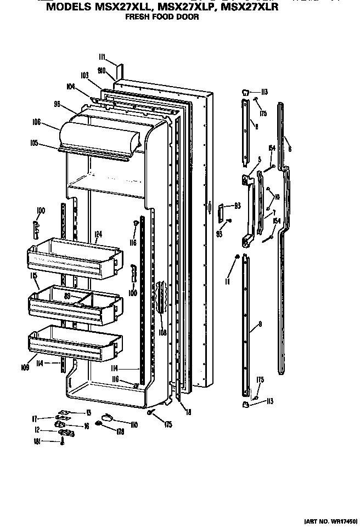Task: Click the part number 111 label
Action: pyautogui.click(x=102, y=57)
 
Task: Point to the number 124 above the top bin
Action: pyautogui.click(x=98, y=234)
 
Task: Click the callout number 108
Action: pyautogui.click(x=162, y=331)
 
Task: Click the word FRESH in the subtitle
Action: pyautogui.click(x=137, y=17)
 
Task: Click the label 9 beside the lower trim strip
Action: pyautogui.click(x=260, y=325)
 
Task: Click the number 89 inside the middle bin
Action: pyautogui.click(x=67, y=296)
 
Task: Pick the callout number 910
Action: pyautogui.click(x=101, y=70)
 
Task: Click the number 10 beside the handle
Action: pyautogui.click(x=277, y=197)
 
